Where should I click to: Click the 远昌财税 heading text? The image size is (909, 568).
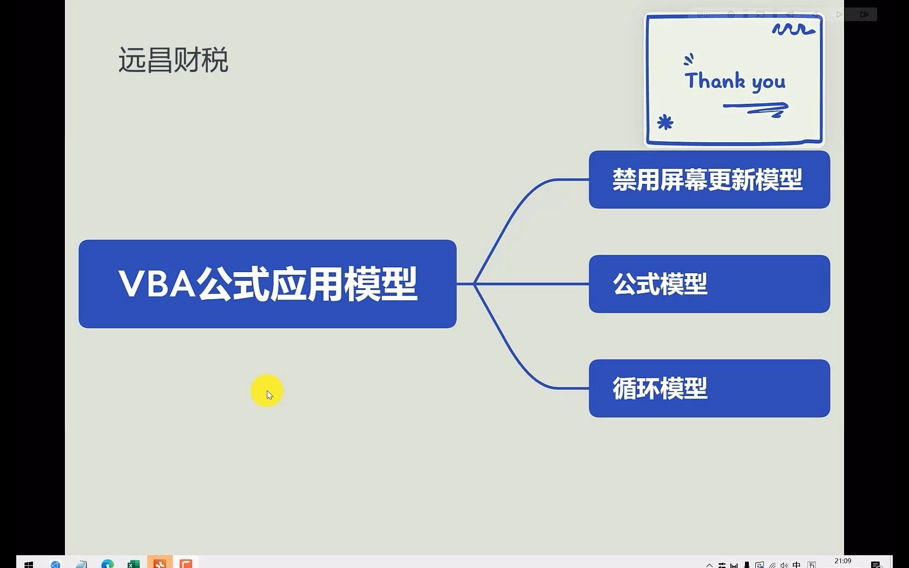tap(173, 60)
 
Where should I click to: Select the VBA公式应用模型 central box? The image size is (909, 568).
tap(267, 284)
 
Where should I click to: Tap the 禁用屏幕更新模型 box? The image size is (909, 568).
tap(709, 180)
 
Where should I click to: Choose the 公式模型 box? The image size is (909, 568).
tap(709, 284)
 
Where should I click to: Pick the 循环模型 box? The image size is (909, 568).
tap(709, 388)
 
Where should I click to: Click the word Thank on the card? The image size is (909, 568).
tap(715, 80)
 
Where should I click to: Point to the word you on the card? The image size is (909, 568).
tap(768, 83)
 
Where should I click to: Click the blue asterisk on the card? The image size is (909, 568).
tap(665, 122)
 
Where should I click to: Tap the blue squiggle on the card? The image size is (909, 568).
tap(793, 29)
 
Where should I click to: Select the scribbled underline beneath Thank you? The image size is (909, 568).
tap(755, 109)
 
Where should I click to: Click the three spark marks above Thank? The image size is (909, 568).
tap(689, 60)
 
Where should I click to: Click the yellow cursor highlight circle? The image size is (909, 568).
tap(267, 391)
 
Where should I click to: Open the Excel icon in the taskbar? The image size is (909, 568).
tap(134, 564)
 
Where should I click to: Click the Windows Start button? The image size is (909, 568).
tap(28, 564)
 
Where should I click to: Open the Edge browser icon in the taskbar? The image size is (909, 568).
tap(108, 564)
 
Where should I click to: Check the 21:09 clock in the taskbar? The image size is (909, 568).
tap(843, 561)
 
